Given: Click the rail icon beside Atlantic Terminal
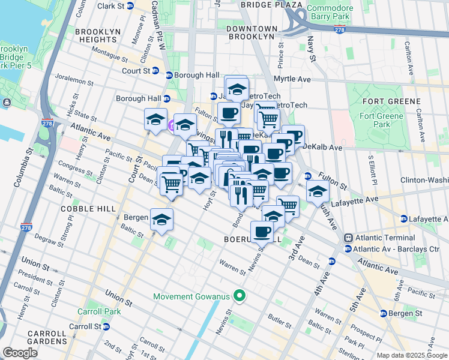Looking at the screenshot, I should (348, 238).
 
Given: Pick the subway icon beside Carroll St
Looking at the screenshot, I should (106, 326).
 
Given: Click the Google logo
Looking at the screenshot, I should (20, 353).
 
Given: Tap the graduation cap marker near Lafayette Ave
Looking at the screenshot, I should (318, 191).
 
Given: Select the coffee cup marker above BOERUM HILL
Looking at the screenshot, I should (262, 231).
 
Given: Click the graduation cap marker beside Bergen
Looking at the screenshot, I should (161, 219).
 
